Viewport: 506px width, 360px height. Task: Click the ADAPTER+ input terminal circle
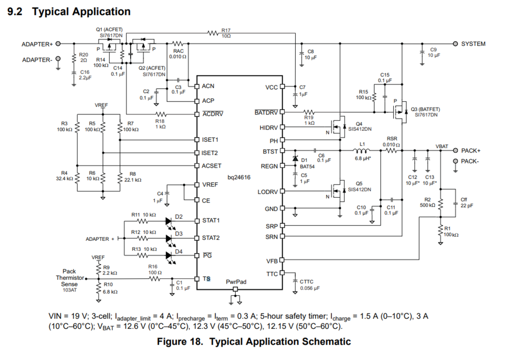(x=58, y=44)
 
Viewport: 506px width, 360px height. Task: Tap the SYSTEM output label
(x=473, y=44)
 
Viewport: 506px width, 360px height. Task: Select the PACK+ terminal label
(x=471, y=151)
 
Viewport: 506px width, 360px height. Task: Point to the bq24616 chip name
(x=239, y=178)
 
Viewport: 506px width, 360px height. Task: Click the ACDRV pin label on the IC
(x=212, y=114)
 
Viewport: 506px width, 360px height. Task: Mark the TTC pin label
(x=272, y=274)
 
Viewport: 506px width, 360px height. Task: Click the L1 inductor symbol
(x=361, y=151)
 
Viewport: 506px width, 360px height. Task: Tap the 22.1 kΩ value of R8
(x=133, y=180)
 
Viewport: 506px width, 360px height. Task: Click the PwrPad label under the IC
(x=236, y=283)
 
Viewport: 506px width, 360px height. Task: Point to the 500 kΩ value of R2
(x=427, y=205)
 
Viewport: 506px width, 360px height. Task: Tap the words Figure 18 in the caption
(x=180, y=342)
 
